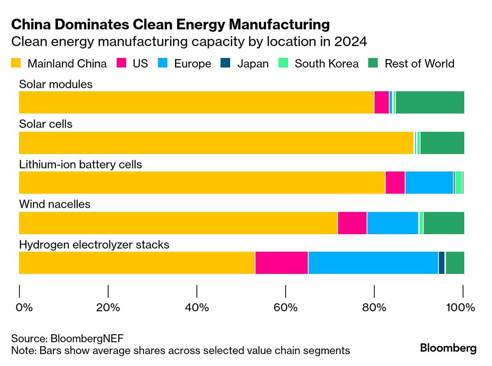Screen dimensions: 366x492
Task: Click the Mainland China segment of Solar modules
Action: click(x=196, y=102)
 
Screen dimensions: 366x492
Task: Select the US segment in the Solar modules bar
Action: click(x=381, y=102)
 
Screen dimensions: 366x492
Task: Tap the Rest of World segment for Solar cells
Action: click(x=442, y=143)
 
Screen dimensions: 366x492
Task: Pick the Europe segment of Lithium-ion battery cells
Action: click(x=429, y=183)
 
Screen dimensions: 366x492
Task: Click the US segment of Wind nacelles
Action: click(x=352, y=223)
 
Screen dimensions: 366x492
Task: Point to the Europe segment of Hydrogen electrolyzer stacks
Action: click(x=373, y=263)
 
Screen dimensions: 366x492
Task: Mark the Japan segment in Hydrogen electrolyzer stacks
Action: click(x=441, y=263)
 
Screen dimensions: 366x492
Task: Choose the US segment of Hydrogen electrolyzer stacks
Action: click(x=282, y=263)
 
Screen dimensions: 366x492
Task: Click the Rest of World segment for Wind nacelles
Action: click(x=444, y=223)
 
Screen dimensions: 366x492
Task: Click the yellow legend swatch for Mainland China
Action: click(x=16, y=63)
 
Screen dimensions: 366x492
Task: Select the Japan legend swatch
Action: click(x=226, y=63)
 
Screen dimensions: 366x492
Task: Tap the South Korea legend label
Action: click(x=326, y=64)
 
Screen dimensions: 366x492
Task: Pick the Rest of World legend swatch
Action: click(x=373, y=63)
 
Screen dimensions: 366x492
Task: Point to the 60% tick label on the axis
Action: click(x=285, y=308)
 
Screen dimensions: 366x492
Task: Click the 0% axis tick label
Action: click(x=24, y=308)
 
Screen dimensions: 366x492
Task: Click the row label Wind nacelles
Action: click(x=55, y=204)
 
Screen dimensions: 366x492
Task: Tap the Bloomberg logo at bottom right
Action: click(x=448, y=348)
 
